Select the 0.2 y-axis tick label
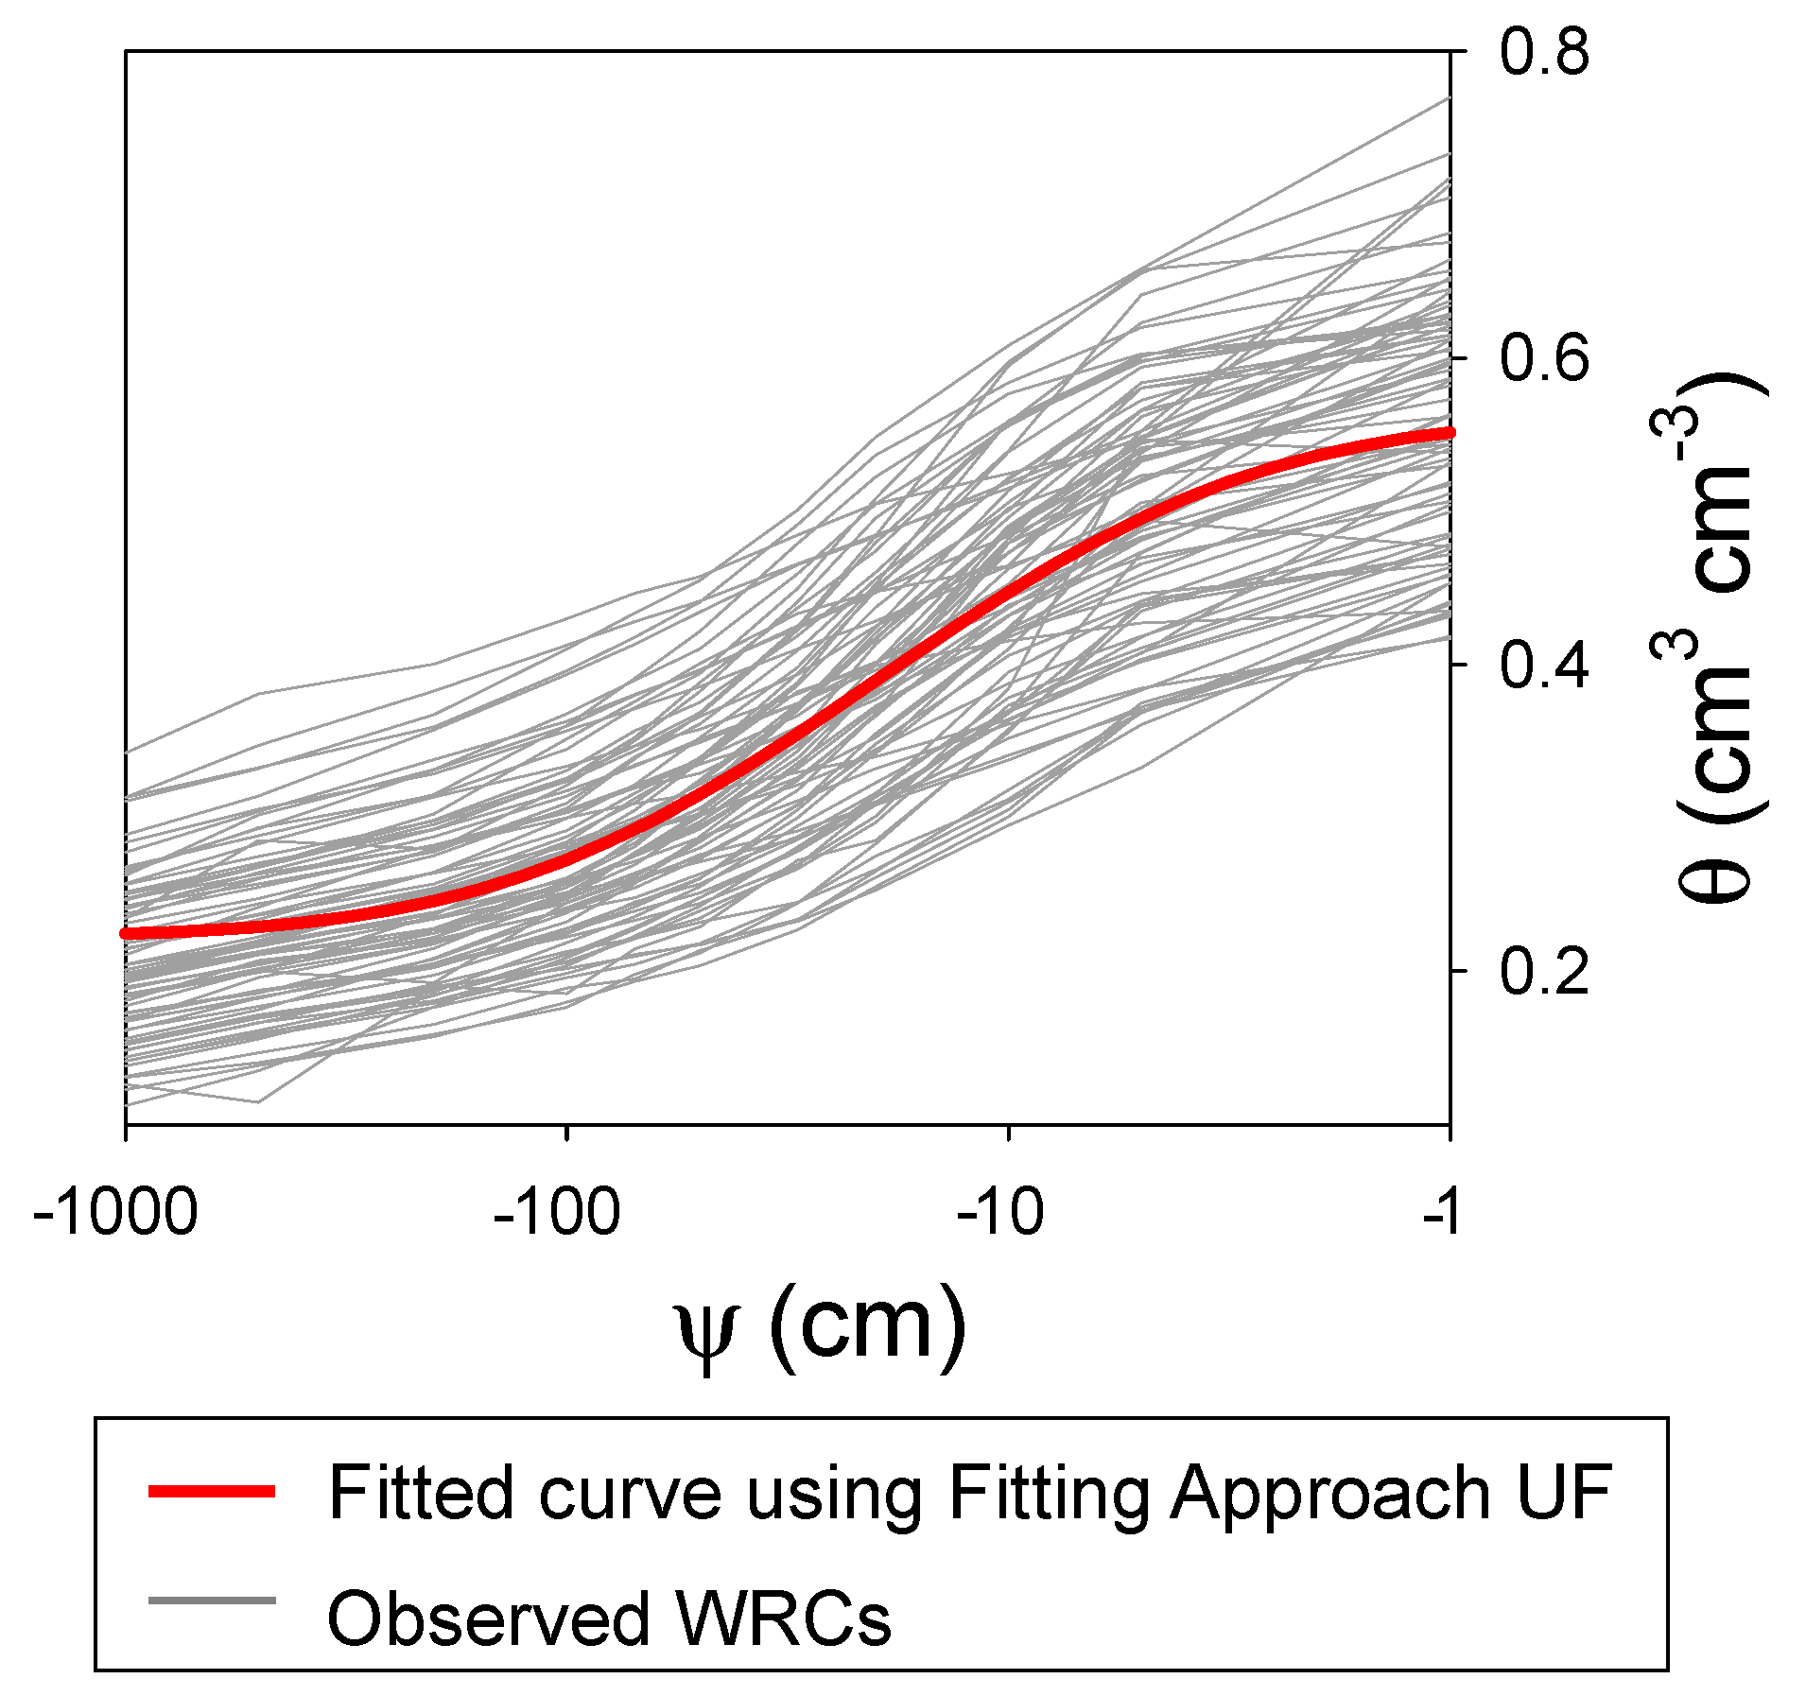(1543, 971)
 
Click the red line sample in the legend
(212, 1491)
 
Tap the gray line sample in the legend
(212, 1600)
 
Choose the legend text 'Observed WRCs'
(609, 1618)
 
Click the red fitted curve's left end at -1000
(126, 933)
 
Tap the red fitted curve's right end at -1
(1450, 432)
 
